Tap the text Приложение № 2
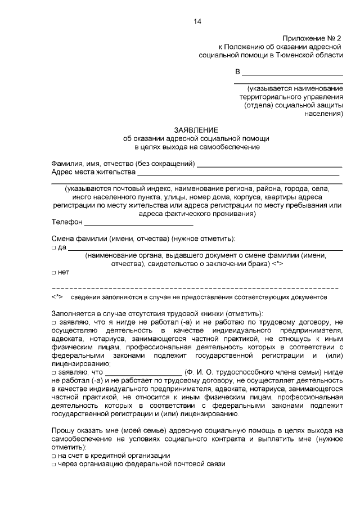[x=312, y=38]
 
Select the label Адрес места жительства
[x=93, y=172]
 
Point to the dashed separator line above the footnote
[x=196, y=287]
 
